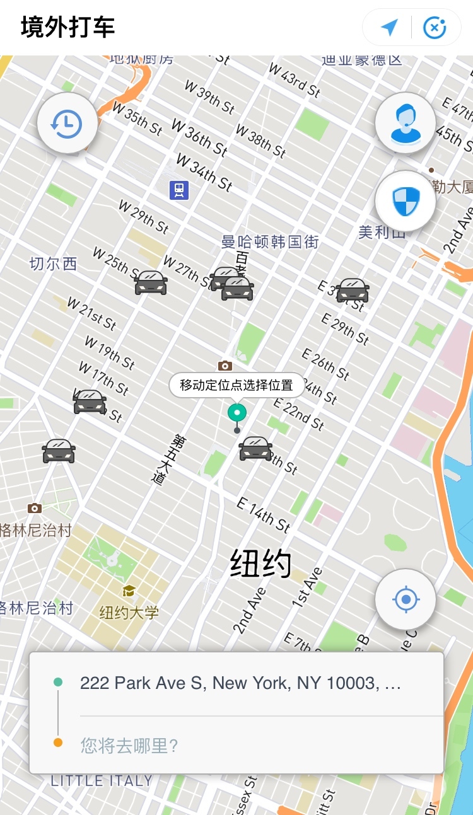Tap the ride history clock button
point(67,124)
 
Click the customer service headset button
point(405,124)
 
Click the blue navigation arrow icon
point(389,27)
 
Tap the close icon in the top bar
point(435,27)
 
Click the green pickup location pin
point(237,413)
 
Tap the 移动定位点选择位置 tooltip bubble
point(237,385)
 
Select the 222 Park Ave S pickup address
point(240,683)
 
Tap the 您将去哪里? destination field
point(129,746)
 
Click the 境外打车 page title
point(68,28)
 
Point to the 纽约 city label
point(260,563)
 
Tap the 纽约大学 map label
point(129,612)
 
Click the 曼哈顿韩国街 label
point(270,242)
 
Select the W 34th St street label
point(204,171)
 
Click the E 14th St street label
point(263,514)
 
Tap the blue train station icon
point(179,190)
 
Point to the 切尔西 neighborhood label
point(53,263)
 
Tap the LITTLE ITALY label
point(102,780)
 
